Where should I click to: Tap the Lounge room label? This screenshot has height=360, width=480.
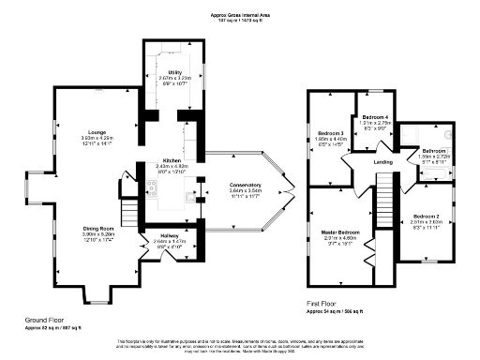[x=97, y=132]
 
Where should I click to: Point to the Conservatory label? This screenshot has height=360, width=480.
[x=246, y=186]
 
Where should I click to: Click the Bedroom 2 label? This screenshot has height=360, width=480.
[x=427, y=217]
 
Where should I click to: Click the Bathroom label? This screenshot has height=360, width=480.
[x=434, y=150]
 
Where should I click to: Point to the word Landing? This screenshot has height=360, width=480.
[x=383, y=163]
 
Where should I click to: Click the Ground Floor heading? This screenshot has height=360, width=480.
[x=45, y=320]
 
